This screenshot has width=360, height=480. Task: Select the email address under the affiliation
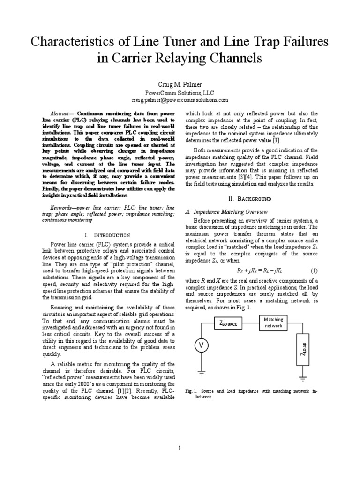[180, 100]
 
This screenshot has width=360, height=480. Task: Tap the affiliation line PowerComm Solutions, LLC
[180, 93]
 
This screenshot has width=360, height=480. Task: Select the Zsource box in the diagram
[230, 323]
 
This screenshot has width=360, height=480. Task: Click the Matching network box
[273, 322]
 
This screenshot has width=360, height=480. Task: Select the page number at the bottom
[180, 448]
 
